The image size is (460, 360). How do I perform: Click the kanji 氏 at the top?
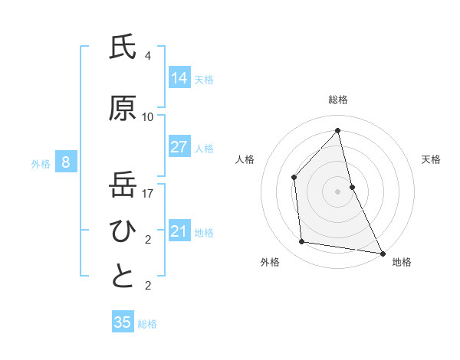coord(123,47)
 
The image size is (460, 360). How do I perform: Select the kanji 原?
coord(123,109)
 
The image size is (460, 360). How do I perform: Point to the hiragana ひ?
coord(123,231)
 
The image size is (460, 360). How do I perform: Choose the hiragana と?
coord(123,277)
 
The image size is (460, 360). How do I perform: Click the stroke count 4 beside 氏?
coord(148,56)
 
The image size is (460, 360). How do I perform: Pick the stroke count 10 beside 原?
coord(148,117)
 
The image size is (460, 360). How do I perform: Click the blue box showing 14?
coord(179,78)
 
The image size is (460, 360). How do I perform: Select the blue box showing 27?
coord(179,147)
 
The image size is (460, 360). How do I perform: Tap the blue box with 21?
coord(179,231)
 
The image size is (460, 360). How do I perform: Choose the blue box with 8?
coord(66,162)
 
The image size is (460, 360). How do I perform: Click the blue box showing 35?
coord(123,322)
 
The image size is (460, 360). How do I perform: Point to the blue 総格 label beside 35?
coord(147,324)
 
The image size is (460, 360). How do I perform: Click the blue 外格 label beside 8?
coord(41,163)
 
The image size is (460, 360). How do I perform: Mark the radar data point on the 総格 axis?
coord(337,130)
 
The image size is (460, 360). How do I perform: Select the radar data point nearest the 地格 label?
coord(382,252)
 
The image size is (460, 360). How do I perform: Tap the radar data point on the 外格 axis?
coord(302,242)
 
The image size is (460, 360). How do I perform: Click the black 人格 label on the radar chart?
coord(245,159)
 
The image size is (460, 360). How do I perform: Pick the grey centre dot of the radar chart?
coord(337,191)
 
